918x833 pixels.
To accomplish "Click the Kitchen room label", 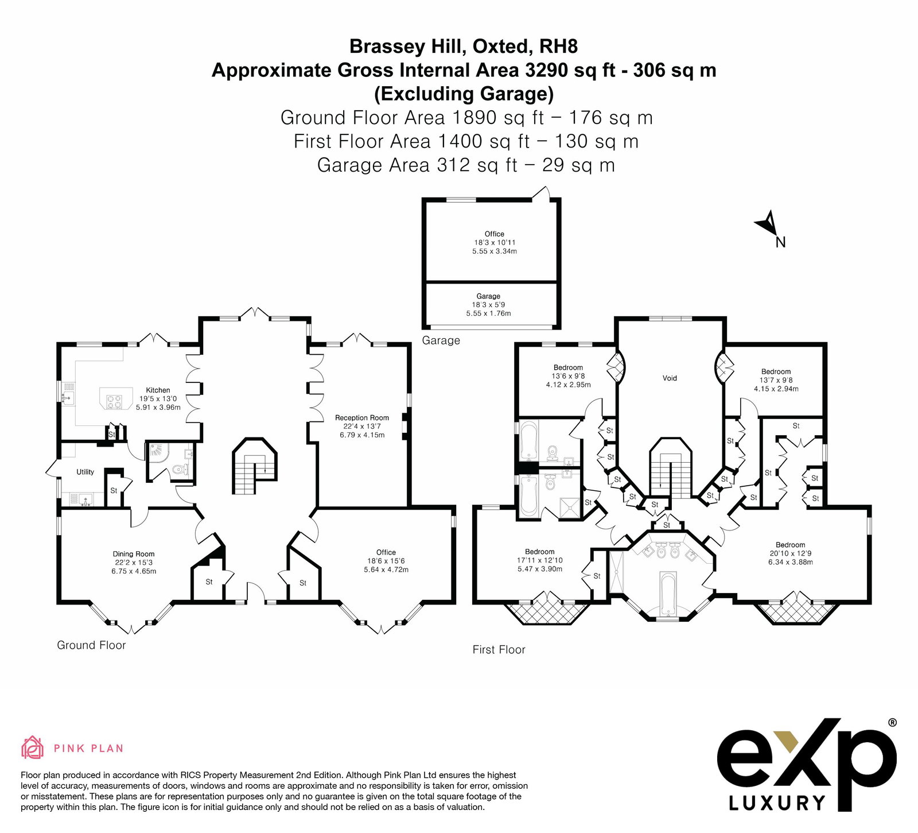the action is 158,390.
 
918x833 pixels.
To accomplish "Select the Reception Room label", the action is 362,418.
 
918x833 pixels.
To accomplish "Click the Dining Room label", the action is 134,555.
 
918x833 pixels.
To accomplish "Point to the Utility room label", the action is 85,472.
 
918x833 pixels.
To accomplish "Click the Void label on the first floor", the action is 670,378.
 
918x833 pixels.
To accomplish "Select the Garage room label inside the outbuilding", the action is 488,296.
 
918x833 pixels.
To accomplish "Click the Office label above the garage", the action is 495,234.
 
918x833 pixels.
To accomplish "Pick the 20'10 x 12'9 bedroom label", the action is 791,553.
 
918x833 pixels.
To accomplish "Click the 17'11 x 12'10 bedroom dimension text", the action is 540,560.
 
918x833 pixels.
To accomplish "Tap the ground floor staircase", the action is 255,467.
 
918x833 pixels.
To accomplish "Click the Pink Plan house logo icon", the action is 33,747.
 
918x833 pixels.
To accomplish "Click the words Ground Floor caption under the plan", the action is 91,645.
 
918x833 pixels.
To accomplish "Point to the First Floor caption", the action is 499,650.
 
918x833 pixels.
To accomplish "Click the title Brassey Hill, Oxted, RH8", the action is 464,46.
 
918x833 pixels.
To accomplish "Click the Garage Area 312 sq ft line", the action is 466,165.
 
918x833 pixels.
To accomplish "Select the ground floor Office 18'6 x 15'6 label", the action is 386,561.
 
